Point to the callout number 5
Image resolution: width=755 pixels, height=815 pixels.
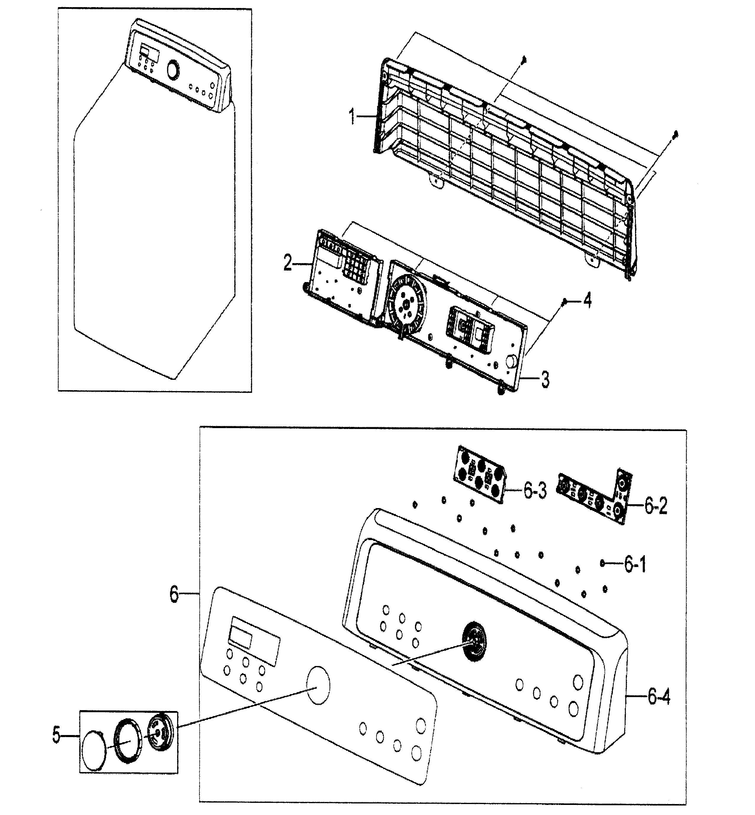(56, 735)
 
